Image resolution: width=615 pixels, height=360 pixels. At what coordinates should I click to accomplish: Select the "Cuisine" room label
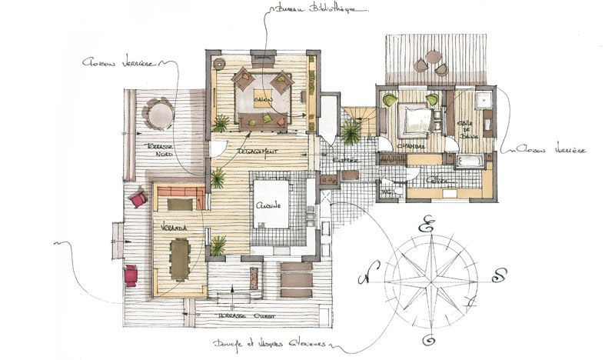click(x=268, y=206)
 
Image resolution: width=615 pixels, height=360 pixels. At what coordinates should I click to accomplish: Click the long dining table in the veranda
click(x=181, y=258)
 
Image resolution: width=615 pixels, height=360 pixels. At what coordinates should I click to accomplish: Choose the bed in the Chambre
click(x=415, y=120)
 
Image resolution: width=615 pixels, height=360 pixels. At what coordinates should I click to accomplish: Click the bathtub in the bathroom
click(x=470, y=160)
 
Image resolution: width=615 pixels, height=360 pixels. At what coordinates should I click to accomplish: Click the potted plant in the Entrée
click(x=351, y=133)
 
